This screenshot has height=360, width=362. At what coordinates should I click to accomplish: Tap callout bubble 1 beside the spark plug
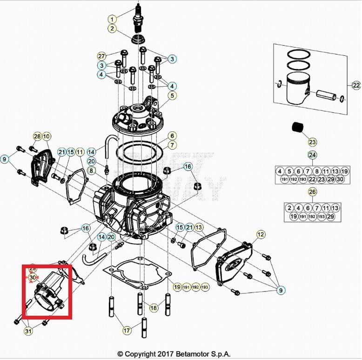point(112,19)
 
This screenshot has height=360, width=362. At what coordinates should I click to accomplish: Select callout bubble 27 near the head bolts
point(102,56)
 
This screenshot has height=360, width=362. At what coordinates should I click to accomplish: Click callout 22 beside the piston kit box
point(356,85)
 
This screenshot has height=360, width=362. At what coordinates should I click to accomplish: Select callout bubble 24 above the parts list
point(312,155)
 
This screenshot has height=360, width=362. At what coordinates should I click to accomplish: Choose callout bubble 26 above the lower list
point(312,192)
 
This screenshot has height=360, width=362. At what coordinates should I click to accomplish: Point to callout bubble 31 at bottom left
point(29,331)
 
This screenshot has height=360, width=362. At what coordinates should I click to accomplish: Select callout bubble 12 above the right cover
point(261,234)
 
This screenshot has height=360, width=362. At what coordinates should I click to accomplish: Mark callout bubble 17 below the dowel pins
point(127,331)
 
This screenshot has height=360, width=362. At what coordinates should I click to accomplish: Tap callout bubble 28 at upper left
point(37,136)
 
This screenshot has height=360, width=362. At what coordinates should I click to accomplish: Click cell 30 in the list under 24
point(340,179)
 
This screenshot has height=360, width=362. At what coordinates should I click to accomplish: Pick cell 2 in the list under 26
point(289,208)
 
